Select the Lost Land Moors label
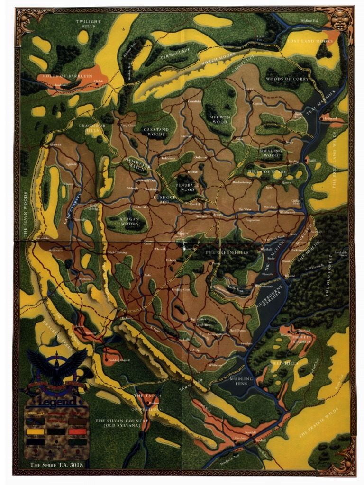pos(309,41)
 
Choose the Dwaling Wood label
pos(271,153)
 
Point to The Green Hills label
pos(227,253)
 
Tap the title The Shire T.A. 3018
pos(57,465)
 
